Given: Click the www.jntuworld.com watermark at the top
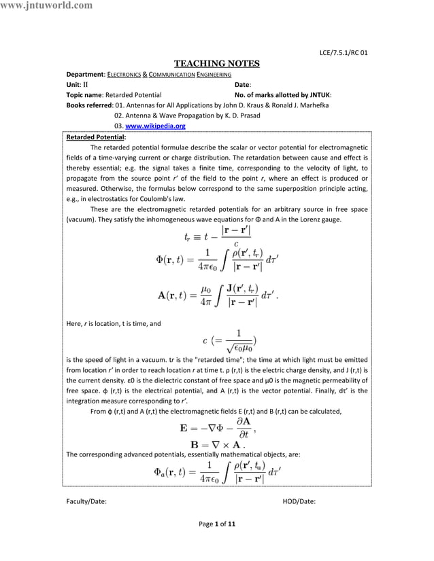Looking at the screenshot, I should tap(47, 6).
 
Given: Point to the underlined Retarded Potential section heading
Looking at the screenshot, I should tap(91, 137).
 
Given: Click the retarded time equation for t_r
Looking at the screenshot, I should tap(217, 236).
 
